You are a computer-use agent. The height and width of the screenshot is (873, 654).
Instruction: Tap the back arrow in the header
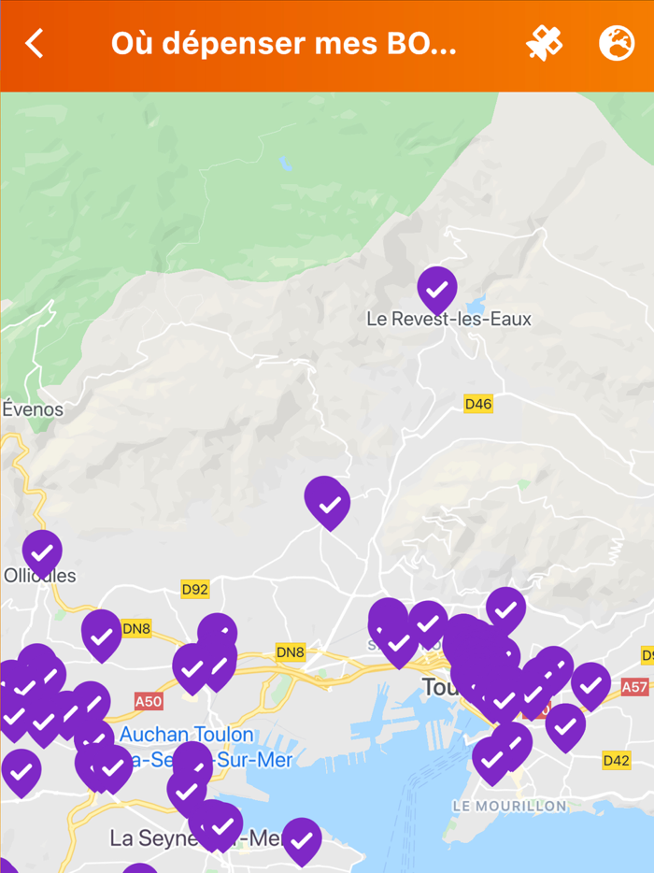[36, 44]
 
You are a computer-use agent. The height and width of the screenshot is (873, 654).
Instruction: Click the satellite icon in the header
[544, 44]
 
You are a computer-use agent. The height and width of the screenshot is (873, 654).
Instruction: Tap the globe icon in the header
[616, 44]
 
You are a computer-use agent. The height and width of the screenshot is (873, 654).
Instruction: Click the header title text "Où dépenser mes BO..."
[284, 44]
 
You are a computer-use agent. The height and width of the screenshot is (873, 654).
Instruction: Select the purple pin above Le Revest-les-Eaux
[436, 289]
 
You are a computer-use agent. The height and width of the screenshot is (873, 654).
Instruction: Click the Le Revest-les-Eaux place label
[448, 319]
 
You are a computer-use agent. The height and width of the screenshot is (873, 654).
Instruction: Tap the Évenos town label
[33, 408]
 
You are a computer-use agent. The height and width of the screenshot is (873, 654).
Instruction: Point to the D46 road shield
[477, 404]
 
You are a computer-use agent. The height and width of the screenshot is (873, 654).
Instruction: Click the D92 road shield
[194, 589]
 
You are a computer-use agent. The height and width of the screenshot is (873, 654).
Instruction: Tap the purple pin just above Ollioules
[42, 551]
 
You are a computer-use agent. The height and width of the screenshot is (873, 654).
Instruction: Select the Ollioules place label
[39, 576]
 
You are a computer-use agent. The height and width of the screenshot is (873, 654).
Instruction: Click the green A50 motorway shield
[149, 701]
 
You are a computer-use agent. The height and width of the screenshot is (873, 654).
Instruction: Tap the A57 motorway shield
[634, 687]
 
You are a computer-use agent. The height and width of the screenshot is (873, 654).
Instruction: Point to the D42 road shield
[616, 760]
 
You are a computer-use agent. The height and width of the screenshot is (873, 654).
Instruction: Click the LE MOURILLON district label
[509, 806]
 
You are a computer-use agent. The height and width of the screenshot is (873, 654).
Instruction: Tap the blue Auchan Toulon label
[187, 735]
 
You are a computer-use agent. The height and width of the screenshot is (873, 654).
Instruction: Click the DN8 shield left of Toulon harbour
[291, 652]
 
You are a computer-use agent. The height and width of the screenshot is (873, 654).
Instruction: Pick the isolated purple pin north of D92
[327, 501]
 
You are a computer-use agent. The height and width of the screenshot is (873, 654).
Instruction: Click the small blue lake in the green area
[285, 165]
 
